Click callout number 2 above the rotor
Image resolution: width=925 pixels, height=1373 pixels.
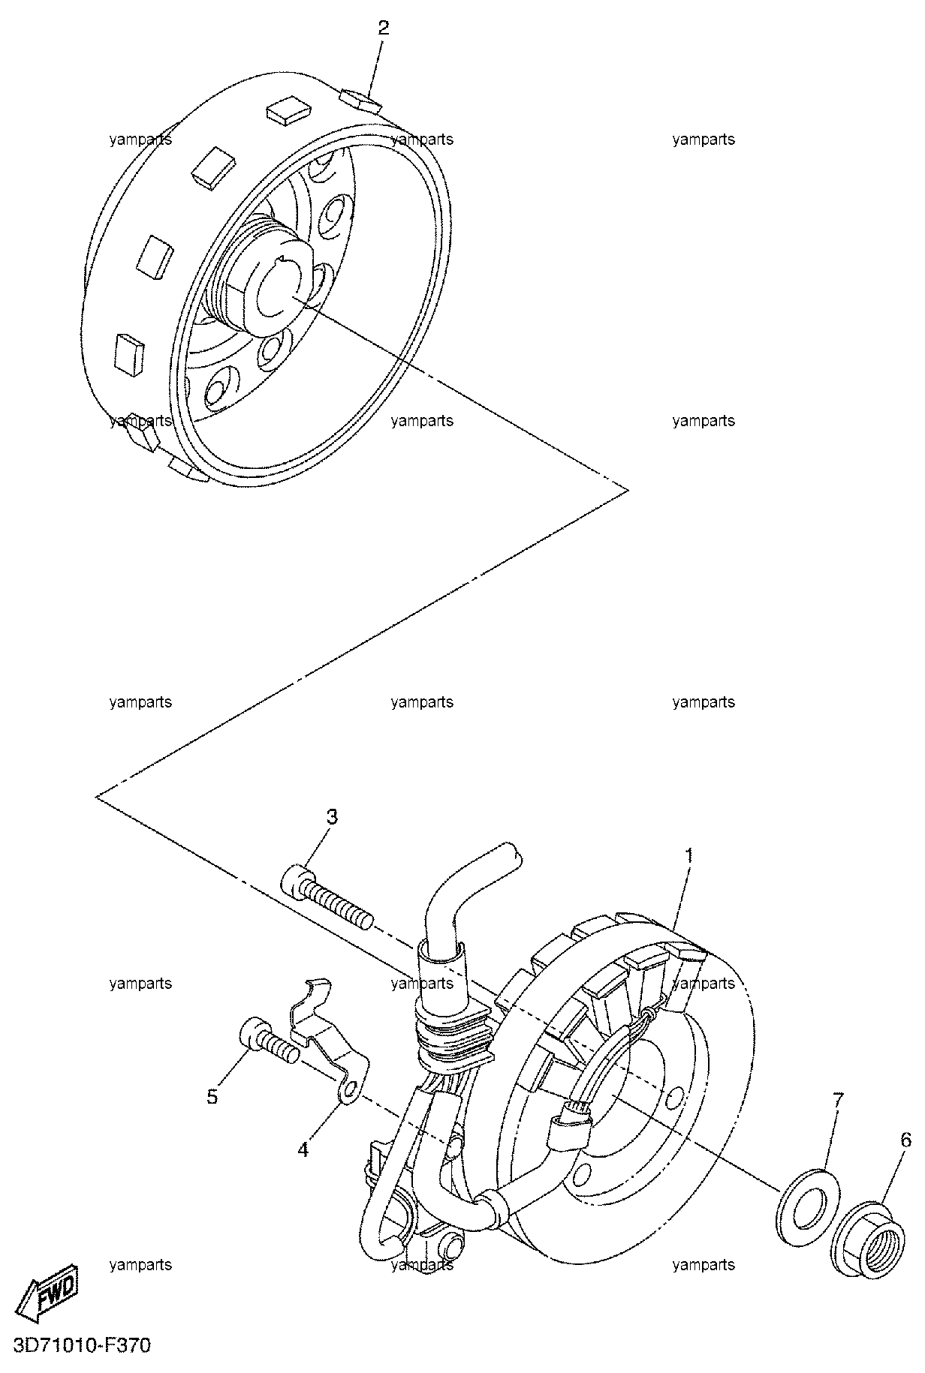tap(384, 29)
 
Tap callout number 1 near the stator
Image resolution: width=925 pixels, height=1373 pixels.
tap(687, 855)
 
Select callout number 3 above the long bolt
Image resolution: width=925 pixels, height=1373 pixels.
tap(331, 816)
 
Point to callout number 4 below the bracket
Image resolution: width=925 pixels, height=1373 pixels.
tap(303, 1148)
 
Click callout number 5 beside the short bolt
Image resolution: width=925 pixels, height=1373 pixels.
tap(213, 1097)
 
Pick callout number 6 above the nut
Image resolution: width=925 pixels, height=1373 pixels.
tap(905, 1140)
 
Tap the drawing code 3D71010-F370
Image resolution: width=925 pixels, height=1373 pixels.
tap(82, 1346)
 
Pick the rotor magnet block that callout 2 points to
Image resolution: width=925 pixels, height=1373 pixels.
tap(359, 100)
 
